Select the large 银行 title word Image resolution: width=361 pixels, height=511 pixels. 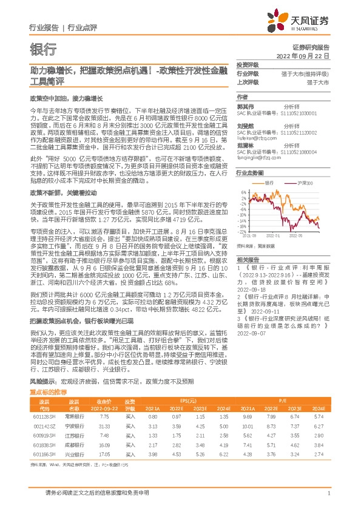[x=43, y=49]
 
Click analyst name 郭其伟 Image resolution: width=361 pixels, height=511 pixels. [x=246, y=105]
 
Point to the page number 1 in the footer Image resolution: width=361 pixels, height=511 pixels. [x=328, y=494]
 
